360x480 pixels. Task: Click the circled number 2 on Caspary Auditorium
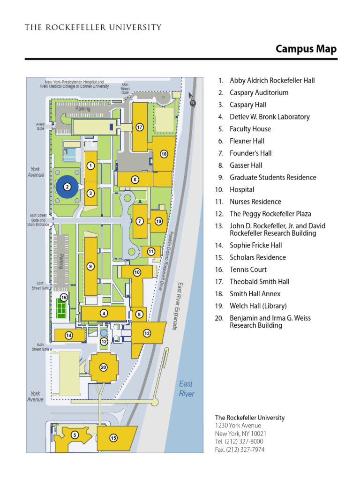[x=67, y=187]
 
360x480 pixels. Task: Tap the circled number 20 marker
[x=104, y=367]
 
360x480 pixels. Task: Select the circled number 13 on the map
[x=147, y=333]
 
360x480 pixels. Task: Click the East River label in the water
[x=186, y=389]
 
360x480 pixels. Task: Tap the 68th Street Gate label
[x=125, y=88]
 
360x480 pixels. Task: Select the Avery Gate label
[x=40, y=127]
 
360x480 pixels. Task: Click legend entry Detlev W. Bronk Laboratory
[x=270, y=117]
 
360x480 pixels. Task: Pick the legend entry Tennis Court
[x=248, y=270]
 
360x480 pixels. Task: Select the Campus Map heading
[x=306, y=49]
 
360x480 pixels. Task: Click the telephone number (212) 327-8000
[x=239, y=442]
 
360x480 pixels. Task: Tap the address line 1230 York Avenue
[x=238, y=426]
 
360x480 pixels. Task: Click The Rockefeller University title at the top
[x=93, y=27]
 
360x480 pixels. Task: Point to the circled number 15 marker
[x=113, y=438]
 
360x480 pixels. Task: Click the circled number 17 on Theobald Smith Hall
[x=139, y=127]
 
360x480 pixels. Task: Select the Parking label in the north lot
[x=82, y=109]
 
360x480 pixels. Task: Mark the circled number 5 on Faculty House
[x=75, y=435]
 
